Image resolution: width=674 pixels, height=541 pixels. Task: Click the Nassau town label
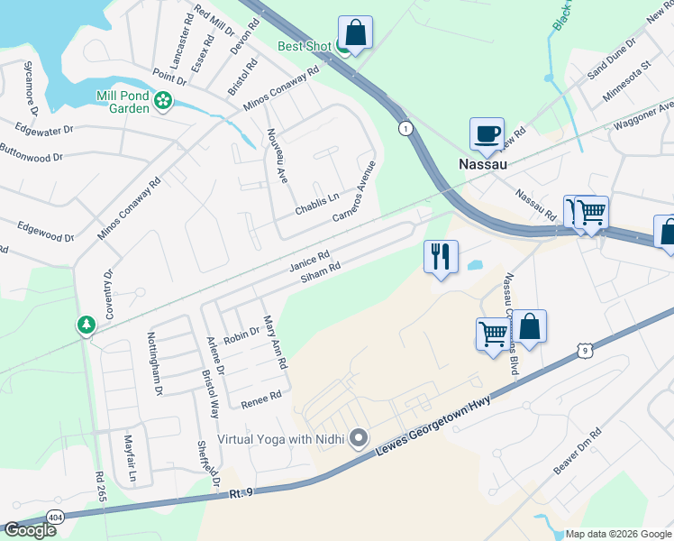[x=483, y=164]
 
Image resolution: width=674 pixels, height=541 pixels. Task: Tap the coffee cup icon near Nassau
[x=487, y=134]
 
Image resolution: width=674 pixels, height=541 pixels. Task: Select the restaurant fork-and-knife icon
[x=441, y=256]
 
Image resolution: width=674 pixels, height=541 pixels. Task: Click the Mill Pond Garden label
[x=123, y=101]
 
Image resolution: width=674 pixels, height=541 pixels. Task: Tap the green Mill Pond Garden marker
[x=163, y=101]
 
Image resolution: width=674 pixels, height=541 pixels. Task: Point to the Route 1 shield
[x=406, y=128]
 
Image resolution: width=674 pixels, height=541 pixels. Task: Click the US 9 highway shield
[x=586, y=349]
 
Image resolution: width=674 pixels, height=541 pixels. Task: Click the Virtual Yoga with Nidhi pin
[x=359, y=439]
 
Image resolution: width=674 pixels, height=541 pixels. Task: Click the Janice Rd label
[x=309, y=261]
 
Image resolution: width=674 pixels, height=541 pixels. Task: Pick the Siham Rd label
[x=321, y=272]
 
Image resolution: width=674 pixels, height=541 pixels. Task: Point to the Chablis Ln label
[x=317, y=203]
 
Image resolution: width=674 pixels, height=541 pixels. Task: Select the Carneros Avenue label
[x=353, y=192]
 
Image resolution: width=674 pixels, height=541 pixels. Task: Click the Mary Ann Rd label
[x=274, y=342]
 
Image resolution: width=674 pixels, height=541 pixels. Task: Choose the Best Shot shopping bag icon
[x=355, y=33]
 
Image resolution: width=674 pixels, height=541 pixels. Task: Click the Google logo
[x=30, y=529]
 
